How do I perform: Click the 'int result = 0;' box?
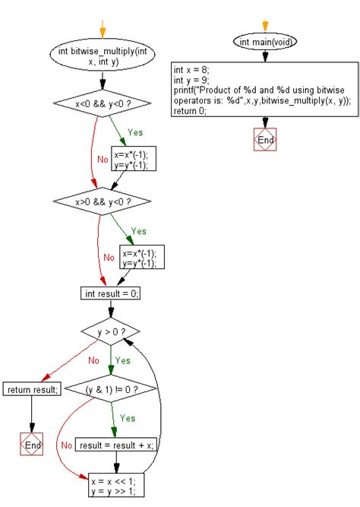[x=111, y=293]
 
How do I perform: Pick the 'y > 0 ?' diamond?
[x=112, y=331]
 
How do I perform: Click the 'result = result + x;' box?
[x=117, y=445]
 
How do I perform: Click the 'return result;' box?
[x=32, y=390]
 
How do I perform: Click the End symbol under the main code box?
[x=265, y=141]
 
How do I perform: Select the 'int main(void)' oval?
[x=265, y=41]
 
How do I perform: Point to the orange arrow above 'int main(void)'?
[x=265, y=25]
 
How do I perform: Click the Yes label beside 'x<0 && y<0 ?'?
[x=135, y=132]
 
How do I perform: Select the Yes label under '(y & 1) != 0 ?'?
[x=128, y=418]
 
